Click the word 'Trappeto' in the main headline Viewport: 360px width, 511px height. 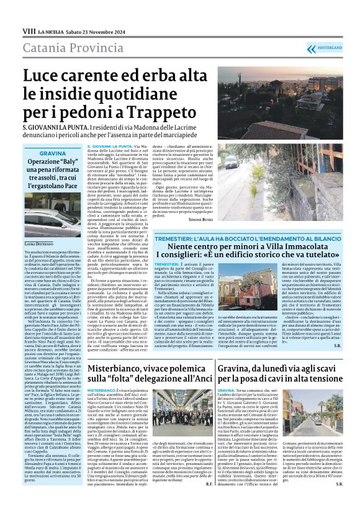tap(167, 114)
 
